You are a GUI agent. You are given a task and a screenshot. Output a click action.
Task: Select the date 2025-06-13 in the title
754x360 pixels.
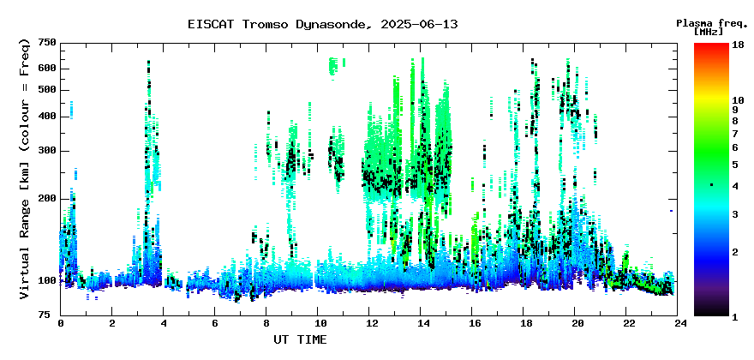pyautogui.click(x=419, y=25)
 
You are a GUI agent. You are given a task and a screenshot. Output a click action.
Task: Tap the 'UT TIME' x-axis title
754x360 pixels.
pyautogui.click(x=300, y=339)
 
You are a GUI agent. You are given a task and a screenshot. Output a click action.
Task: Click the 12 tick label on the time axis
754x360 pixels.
pyautogui.click(x=369, y=323)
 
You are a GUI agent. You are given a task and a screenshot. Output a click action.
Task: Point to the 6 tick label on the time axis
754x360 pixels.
pyautogui.click(x=215, y=323)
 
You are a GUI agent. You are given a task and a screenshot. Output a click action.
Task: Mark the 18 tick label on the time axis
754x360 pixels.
pyautogui.click(x=524, y=323)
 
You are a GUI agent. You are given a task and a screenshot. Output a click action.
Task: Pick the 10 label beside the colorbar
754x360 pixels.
pyautogui.click(x=738, y=100)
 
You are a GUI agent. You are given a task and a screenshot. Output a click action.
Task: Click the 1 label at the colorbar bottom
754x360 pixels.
pyautogui.click(x=735, y=317)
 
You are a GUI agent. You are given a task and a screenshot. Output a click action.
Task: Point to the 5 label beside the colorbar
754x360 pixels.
pyautogui.click(x=735, y=165)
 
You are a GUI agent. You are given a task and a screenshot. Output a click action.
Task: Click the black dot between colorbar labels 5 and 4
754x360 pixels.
pyautogui.click(x=712, y=185)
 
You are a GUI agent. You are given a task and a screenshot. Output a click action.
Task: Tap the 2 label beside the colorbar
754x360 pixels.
pyautogui.click(x=735, y=252)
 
